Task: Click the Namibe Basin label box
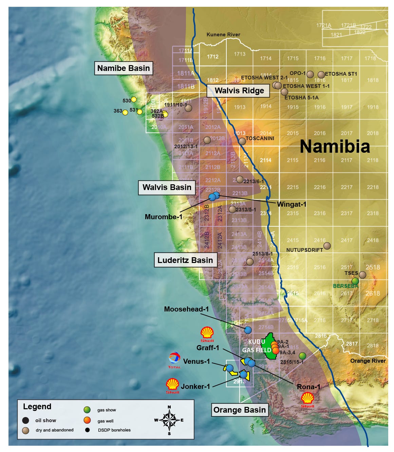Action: point(123,68)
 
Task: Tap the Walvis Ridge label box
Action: point(239,91)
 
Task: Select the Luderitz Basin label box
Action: point(185,260)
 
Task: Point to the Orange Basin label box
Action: point(239,410)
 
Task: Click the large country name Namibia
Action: point(335,147)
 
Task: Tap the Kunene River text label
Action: point(223,35)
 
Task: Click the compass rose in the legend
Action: point(169,420)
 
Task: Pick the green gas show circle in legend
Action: point(87,410)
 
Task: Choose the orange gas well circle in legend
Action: point(87,420)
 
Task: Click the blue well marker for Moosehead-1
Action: point(248,330)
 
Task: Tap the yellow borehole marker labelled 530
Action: point(134,99)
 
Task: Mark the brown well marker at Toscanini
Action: point(242,141)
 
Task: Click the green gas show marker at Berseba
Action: point(355,281)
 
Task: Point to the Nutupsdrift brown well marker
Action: point(327,246)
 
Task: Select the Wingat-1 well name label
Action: point(292,204)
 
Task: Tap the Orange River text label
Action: point(368,361)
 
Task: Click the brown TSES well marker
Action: point(362,275)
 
